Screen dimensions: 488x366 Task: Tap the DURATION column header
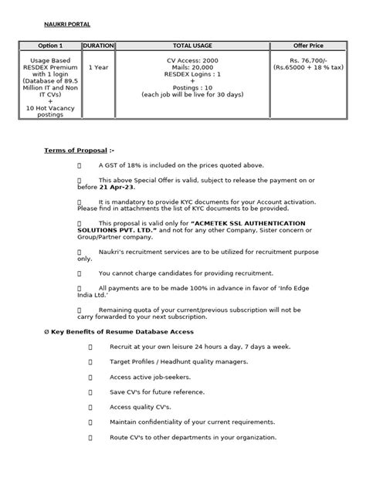(98, 46)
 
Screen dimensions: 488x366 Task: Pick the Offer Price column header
(307, 46)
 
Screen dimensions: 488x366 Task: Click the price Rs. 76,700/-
(307, 59)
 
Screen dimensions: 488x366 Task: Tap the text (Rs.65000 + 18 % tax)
(307, 67)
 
